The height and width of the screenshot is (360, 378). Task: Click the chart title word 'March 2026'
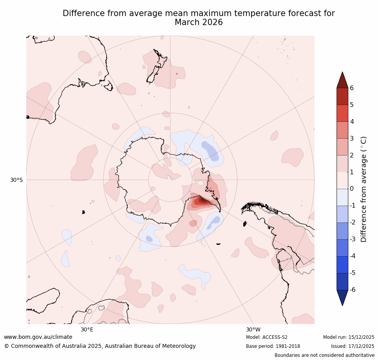[x=199, y=23]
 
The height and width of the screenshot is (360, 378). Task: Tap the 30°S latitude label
[x=16, y=180]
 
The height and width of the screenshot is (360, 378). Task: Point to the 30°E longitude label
[x=87, y=329]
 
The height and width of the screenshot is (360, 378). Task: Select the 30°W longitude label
[x=253, y=329]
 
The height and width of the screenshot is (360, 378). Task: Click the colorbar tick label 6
[x=352, y=88]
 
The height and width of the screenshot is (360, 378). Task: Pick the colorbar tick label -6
[x=353, y=290]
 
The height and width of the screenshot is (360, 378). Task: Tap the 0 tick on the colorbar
[x=352, y=189]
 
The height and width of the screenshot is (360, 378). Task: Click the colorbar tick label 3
[x=352, y=138]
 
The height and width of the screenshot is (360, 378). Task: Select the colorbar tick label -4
[x=353, y=256]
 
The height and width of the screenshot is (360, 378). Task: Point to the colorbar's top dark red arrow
[x=342, y=80]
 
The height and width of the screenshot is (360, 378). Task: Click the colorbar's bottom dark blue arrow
[x=342, y=297]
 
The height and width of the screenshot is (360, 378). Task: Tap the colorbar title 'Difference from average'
[x=364, y=189]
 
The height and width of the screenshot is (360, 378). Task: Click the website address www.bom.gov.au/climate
[x=38, y=337]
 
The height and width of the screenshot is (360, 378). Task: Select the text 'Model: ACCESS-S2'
[x=267, y=337]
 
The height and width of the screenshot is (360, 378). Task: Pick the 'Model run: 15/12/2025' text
[x=349, y=337]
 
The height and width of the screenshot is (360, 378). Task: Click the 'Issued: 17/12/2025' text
[x=353, y=346]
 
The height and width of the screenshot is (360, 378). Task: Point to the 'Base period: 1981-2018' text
[x=273, y=346]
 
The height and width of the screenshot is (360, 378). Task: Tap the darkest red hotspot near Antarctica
[x=203, y=200]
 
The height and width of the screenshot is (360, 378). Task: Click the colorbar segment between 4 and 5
[x=342, y=113]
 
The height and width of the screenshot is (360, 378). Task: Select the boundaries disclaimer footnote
[x=324, y=355]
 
